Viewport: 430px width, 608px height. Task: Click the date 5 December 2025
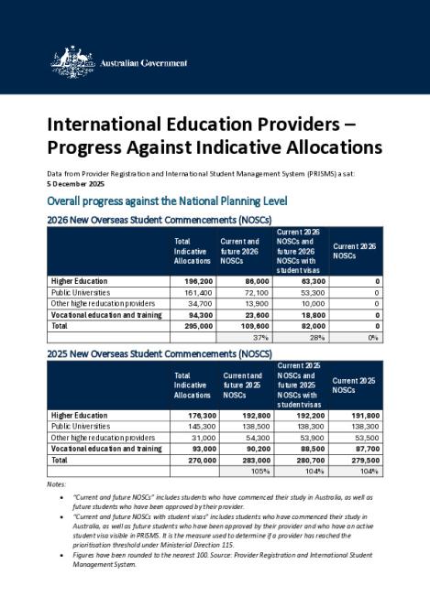coord(77,183)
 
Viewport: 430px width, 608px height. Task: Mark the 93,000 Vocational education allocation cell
coord(200,449)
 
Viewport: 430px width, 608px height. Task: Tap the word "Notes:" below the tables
coord(56,484)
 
